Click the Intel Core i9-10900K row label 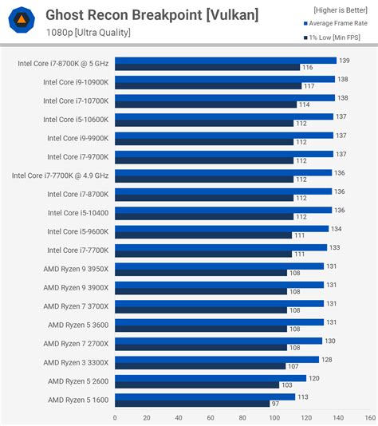point(77,81)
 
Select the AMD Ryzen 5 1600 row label point(77,400)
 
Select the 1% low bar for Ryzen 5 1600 point(191,404)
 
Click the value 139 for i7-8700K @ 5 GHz point(344,61)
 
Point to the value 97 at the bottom point(276,404)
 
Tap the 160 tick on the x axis point(370,417)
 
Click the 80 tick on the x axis point(242,417)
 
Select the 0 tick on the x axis point(115,417)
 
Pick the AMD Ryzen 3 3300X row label point(77,362)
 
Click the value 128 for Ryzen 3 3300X point(327,360)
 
